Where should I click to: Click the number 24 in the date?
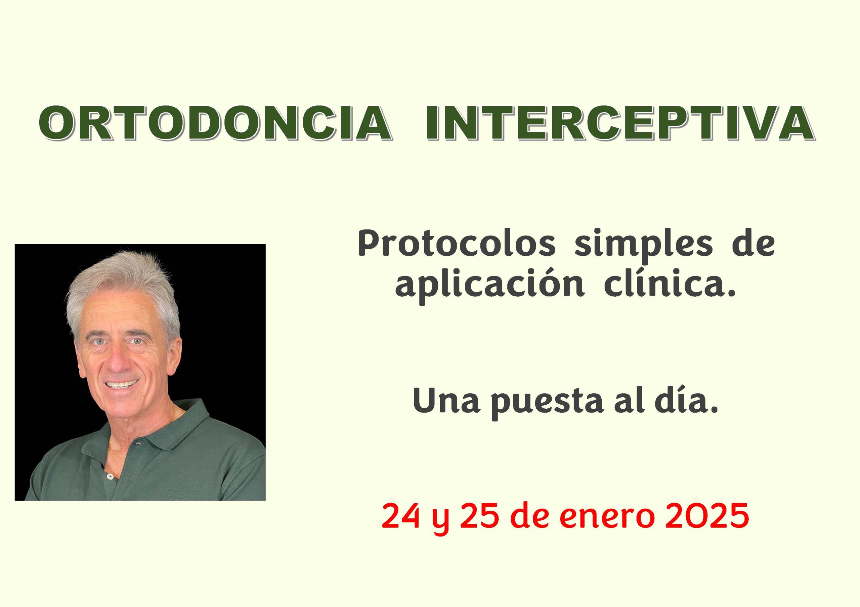[x=401, y=517]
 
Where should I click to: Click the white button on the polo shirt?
[x=110, y=476]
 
